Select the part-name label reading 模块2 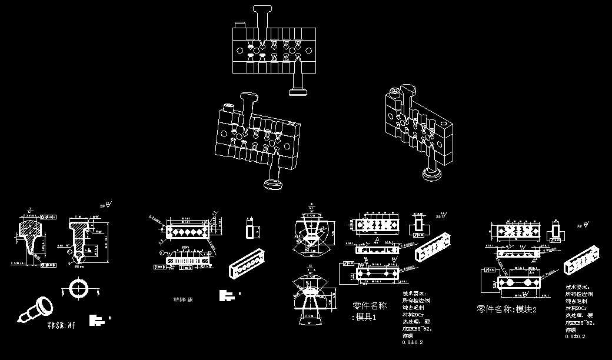tap(507, 309)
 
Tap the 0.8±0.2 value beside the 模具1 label tap(412, 342)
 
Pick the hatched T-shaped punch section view tap(81, 238)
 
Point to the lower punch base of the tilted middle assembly tap(274, 184)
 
